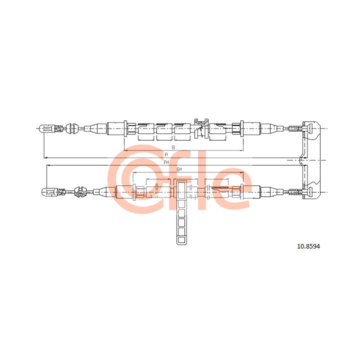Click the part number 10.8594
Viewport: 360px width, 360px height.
click(308, 246)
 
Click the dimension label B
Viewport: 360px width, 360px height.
click(173, 147)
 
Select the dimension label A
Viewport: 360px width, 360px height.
click(166, 154)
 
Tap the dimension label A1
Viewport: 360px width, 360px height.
click(166, 162)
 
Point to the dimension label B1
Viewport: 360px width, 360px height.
click(179, 169)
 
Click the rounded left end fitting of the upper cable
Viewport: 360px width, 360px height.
click(47, 128)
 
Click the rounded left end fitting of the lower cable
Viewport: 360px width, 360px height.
click(49, 192)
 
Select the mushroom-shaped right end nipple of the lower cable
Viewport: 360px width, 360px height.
click(310, 192)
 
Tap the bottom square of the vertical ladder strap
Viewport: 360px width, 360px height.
click(181, 240)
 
